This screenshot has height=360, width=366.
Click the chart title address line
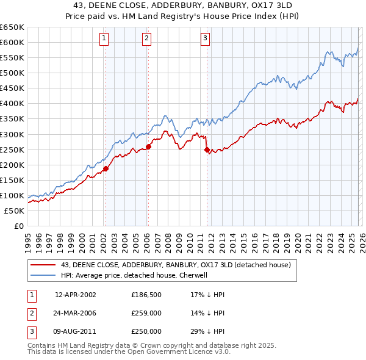182,5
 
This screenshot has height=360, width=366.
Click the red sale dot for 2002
106,168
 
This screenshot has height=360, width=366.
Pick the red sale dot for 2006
148,146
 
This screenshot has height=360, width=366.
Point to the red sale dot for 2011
206,149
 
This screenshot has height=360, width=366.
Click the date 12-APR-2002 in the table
75,295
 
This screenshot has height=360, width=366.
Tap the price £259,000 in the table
146,313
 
